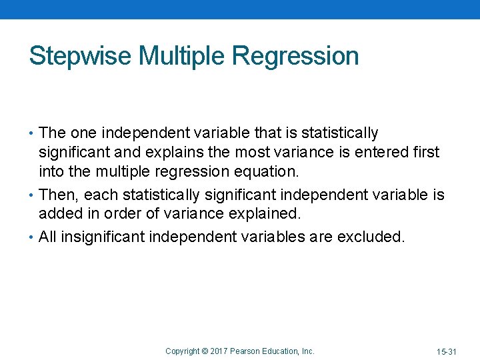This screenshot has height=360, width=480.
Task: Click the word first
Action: [426, 152]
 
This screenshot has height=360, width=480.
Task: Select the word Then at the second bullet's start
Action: [56, 195]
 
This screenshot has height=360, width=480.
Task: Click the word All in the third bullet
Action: [47, 237]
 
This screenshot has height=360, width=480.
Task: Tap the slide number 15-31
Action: [447, 351]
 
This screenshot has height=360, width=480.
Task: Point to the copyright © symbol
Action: [205, 351]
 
